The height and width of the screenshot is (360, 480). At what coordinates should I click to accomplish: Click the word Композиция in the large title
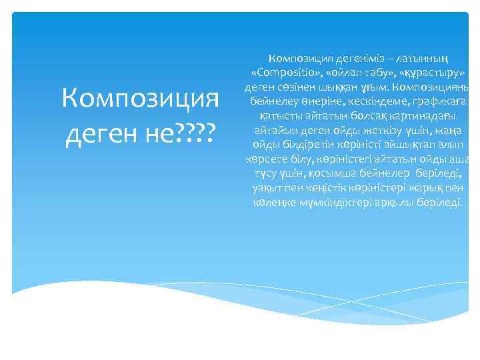140,99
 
